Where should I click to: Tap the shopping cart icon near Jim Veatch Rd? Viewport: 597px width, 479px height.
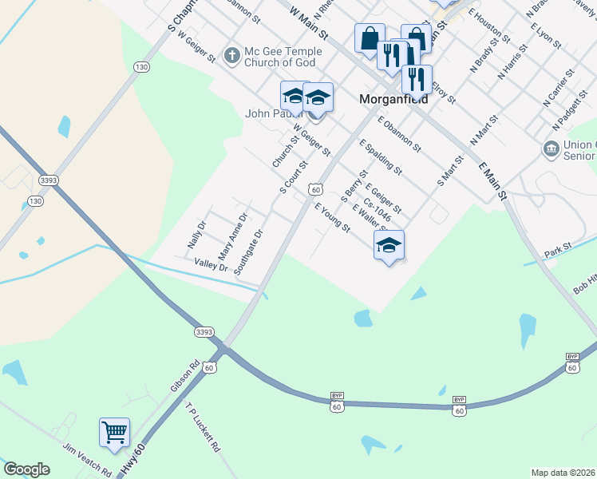click(x=114, y=432)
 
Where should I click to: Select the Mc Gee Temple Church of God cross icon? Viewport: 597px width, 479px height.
click(x=231, y=56)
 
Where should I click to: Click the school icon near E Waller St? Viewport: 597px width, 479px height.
click(x=389, y=245)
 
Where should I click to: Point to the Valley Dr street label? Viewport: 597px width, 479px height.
click(x=212, y=264)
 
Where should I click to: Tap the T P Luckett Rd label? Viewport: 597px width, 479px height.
click(x=202, y=427)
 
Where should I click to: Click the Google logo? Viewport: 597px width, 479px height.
click(x=26, y=469)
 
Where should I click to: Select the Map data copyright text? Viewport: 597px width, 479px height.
click(x=563, y=472)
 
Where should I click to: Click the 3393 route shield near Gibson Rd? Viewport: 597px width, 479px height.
click(x=204, y=331)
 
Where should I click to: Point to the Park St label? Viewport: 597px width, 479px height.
click(x=558, y=249)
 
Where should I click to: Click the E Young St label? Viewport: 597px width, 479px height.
click(x=332, y=217)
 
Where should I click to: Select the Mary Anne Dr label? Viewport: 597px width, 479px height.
click(x=232, y=233)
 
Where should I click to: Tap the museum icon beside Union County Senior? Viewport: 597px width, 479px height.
click(x=550, y=148)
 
